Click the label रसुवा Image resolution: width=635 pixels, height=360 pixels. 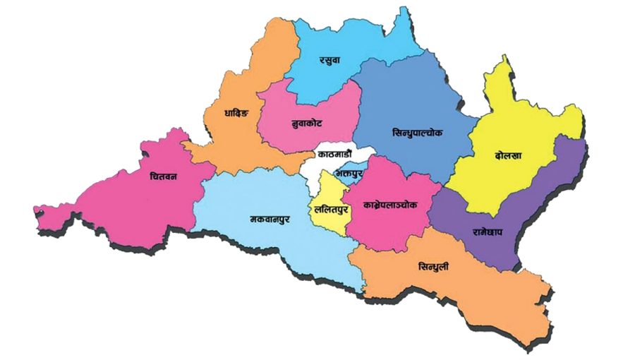pos(329,60)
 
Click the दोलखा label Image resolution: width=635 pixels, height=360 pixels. pos(509,155)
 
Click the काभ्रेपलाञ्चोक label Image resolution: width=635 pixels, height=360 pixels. pos(390,204)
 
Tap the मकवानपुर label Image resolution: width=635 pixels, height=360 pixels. pos(270,219)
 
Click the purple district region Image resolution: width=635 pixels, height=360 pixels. pos(536,205)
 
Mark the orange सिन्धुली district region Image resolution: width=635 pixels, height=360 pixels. pos(466,289)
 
